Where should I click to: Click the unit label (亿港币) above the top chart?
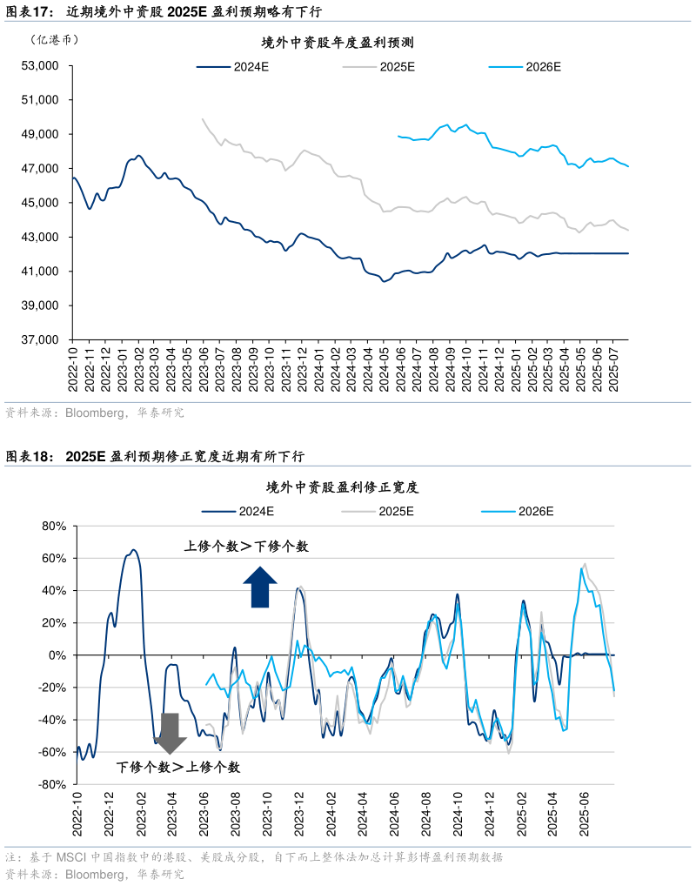[53, 40]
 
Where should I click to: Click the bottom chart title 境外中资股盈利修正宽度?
[343, 487]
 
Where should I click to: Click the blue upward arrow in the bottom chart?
[259, 587]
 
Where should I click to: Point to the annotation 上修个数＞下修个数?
[246, 547]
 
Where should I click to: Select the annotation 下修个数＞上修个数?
[178, 767]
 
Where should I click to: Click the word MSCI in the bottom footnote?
[72, 857]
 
